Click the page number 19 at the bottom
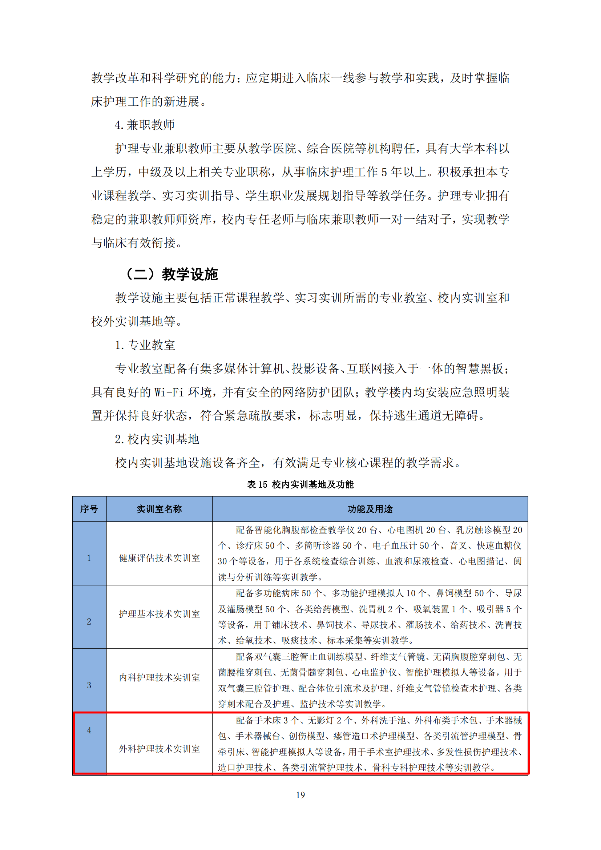coord(300,795)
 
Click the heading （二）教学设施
coord(172,274)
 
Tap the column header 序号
coord(89,509)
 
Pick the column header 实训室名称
coord(159,509)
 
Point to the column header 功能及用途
coord(370,509)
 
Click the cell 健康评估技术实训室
coord(159,558)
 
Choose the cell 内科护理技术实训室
coord(159,677)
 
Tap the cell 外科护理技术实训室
coord(159,749)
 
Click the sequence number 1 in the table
coord(89,558)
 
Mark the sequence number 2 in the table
coord(89,621)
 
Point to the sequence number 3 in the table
coord(89,685)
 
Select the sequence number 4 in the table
coord(89,730)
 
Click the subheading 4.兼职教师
coord(145,125)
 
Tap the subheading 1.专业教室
coord(145,345)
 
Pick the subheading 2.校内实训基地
coord(157,439)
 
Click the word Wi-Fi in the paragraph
coord(169,392)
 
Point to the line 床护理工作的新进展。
coord(149,101)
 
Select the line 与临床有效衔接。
coord(137,243)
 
